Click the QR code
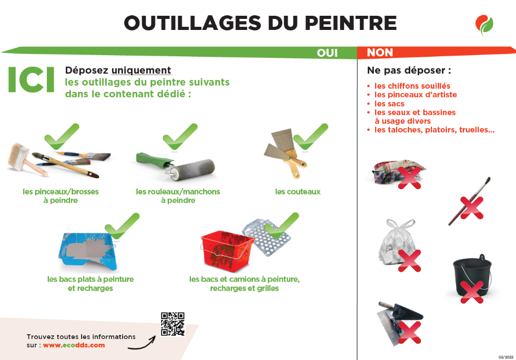pyautogui.click(x=173, y=324)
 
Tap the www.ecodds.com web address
pyautogui.click(x=74, y=345)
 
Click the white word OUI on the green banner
pyautogui.click(x=327, y=53)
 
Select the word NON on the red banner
pyautogui.click(x=380, y=53)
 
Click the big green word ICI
pyautogui.click(x=31, y=79)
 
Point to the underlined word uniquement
pyautogui.click(x=141, y=70)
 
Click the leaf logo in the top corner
pyautogui.click(x=484, y=25)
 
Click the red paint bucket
pyautogui.click(x=227, y=251)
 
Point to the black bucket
pyautogui.click(x=472, y=274)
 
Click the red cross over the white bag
pyautogui.click(x=409, y=261)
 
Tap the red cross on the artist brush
pyautogui.click(x=472, y=208)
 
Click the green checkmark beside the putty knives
pyautogui.click(x=311, y=137)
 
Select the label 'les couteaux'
pyautogui.click(x=298, y=192)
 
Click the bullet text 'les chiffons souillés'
pyautogui.click(x=412, y=86)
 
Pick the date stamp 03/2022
pyautogui.click(x=506, y=357)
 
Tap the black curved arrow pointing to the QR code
pyautogui.click(x=141, y=343)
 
